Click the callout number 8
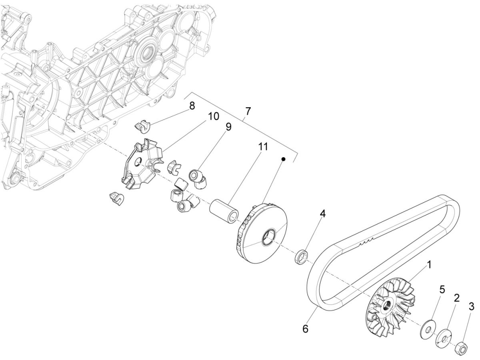pos(192,106)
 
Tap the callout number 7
pos(248,112)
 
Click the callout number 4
pos(322,214)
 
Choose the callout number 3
pos(471,307)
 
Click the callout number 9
pos(228,127)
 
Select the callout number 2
pos(456,298)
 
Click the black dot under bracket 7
pos(283,159)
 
